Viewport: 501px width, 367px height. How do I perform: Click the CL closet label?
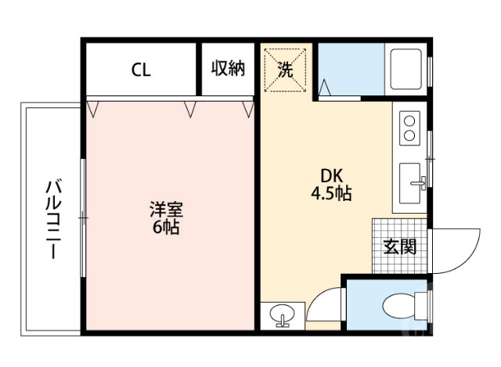141,70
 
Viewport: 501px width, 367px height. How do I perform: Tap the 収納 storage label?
228,69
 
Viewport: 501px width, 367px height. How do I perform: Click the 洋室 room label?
167,210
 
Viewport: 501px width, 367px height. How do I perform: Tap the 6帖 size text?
167,228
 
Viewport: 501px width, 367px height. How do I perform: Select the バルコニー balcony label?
53,219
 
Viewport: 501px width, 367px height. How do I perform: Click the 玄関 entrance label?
399,246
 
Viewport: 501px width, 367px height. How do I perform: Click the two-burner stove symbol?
409,126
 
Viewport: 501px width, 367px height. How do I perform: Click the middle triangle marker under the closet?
190,109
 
